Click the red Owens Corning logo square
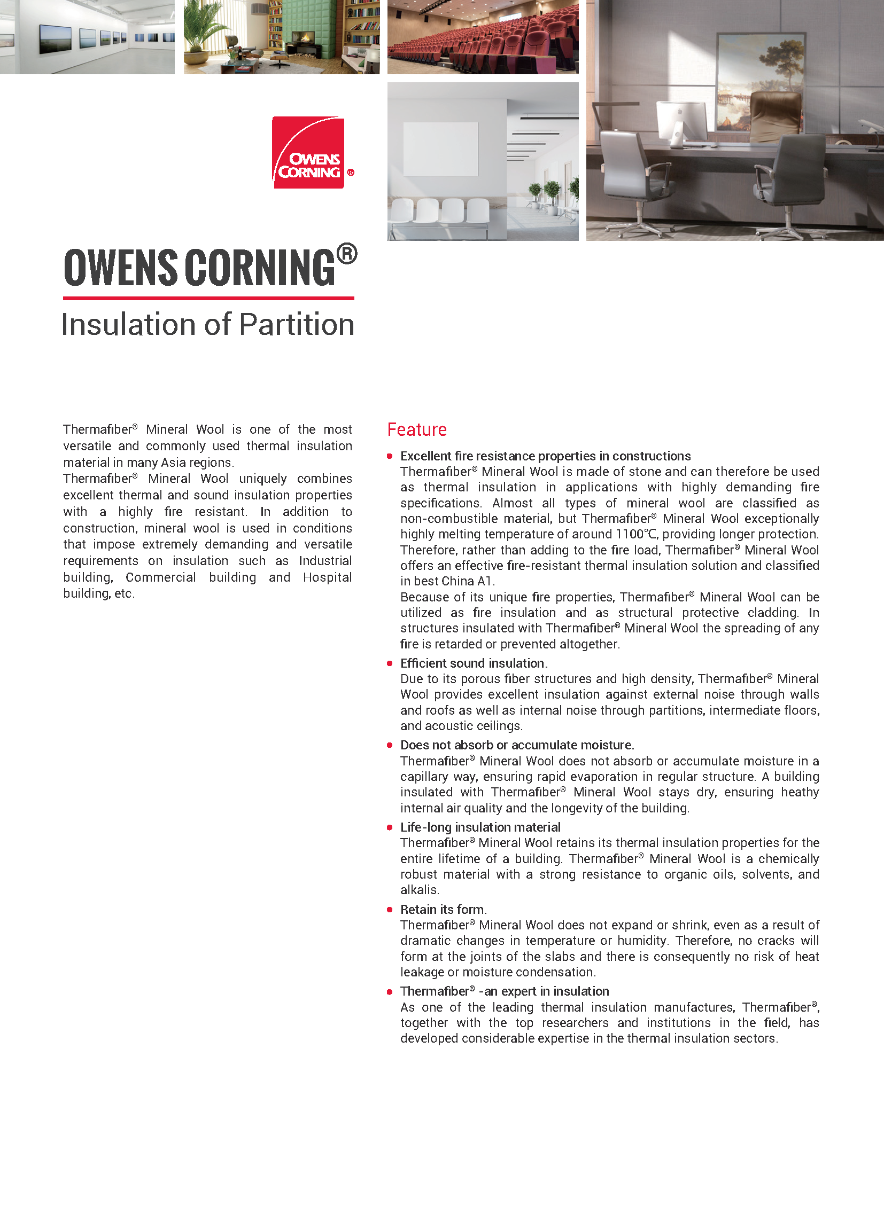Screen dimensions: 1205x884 click(308, 152)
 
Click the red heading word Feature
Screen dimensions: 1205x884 click(417, 429)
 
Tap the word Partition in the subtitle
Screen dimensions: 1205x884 click(297, 325)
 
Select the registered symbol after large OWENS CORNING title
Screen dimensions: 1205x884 click(347, 254)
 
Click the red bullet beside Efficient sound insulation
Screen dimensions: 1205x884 click(390, 663)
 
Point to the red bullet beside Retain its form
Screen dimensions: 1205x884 click(390, 909)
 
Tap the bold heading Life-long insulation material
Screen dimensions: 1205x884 click(480, 827)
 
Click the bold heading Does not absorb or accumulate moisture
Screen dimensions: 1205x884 click(517, 745)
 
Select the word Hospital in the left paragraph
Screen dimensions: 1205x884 click(327, 577)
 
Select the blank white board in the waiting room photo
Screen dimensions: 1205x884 click(440, 148)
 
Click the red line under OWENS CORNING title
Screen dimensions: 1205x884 click(208, 298)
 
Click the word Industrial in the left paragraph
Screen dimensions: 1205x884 click(325, 560)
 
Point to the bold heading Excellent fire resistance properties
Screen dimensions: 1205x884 click(545, 456)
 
